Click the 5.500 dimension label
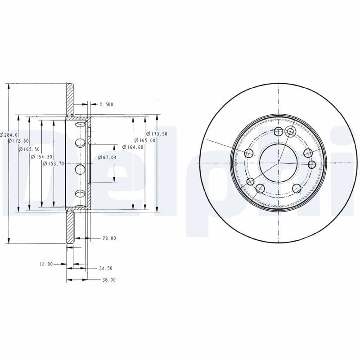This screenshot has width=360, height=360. (x=107, y=104)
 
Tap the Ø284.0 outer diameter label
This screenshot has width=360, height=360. (x=9, y=135)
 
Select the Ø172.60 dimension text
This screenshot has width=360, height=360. (x=18, y=141)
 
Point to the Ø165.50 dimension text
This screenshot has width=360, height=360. (x=29, y=149)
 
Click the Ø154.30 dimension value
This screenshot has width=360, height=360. (x=41, y=157)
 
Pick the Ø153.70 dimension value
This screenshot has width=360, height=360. (x=54, y=164)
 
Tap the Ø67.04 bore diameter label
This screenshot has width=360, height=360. (x=107, y=157)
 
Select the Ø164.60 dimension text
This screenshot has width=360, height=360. (x=133, y=147)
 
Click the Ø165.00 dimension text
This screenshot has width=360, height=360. (x=145, y=140)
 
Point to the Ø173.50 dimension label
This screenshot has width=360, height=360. (x=157, y=134)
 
